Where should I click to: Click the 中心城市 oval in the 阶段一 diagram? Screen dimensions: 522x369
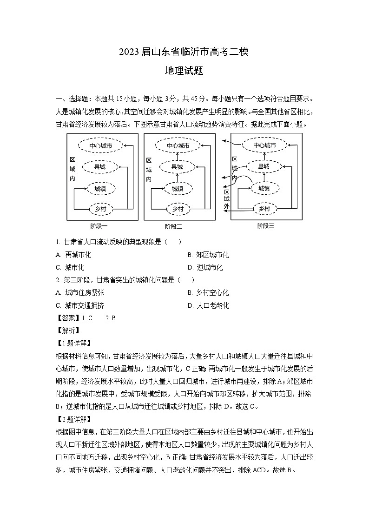pos(100,145)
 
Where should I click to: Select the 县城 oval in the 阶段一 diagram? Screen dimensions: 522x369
pos(99,166)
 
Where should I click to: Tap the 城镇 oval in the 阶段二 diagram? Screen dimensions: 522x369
pos(178,188)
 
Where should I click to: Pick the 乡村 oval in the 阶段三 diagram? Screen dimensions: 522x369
pos(264,209)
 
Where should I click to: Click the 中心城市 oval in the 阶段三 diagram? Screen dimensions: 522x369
pos(264,145)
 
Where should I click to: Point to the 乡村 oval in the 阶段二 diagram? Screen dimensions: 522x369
pos(178,209)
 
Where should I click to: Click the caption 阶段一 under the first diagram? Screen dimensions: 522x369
pos(99,226)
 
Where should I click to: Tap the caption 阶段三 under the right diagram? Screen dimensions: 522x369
pos(266,226)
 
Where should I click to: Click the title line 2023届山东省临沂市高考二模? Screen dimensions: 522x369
pos(184,52)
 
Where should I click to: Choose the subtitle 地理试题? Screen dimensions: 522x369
pos(184,71)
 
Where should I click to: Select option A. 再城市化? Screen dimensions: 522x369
pos(73,255)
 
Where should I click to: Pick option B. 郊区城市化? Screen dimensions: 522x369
pos(208,255)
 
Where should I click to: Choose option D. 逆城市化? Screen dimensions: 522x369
pos(204,267)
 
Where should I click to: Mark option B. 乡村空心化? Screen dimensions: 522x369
pos(208,293)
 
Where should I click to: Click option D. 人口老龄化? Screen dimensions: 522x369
pos(208,305)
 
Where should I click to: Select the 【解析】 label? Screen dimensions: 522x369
pos(67,331)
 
